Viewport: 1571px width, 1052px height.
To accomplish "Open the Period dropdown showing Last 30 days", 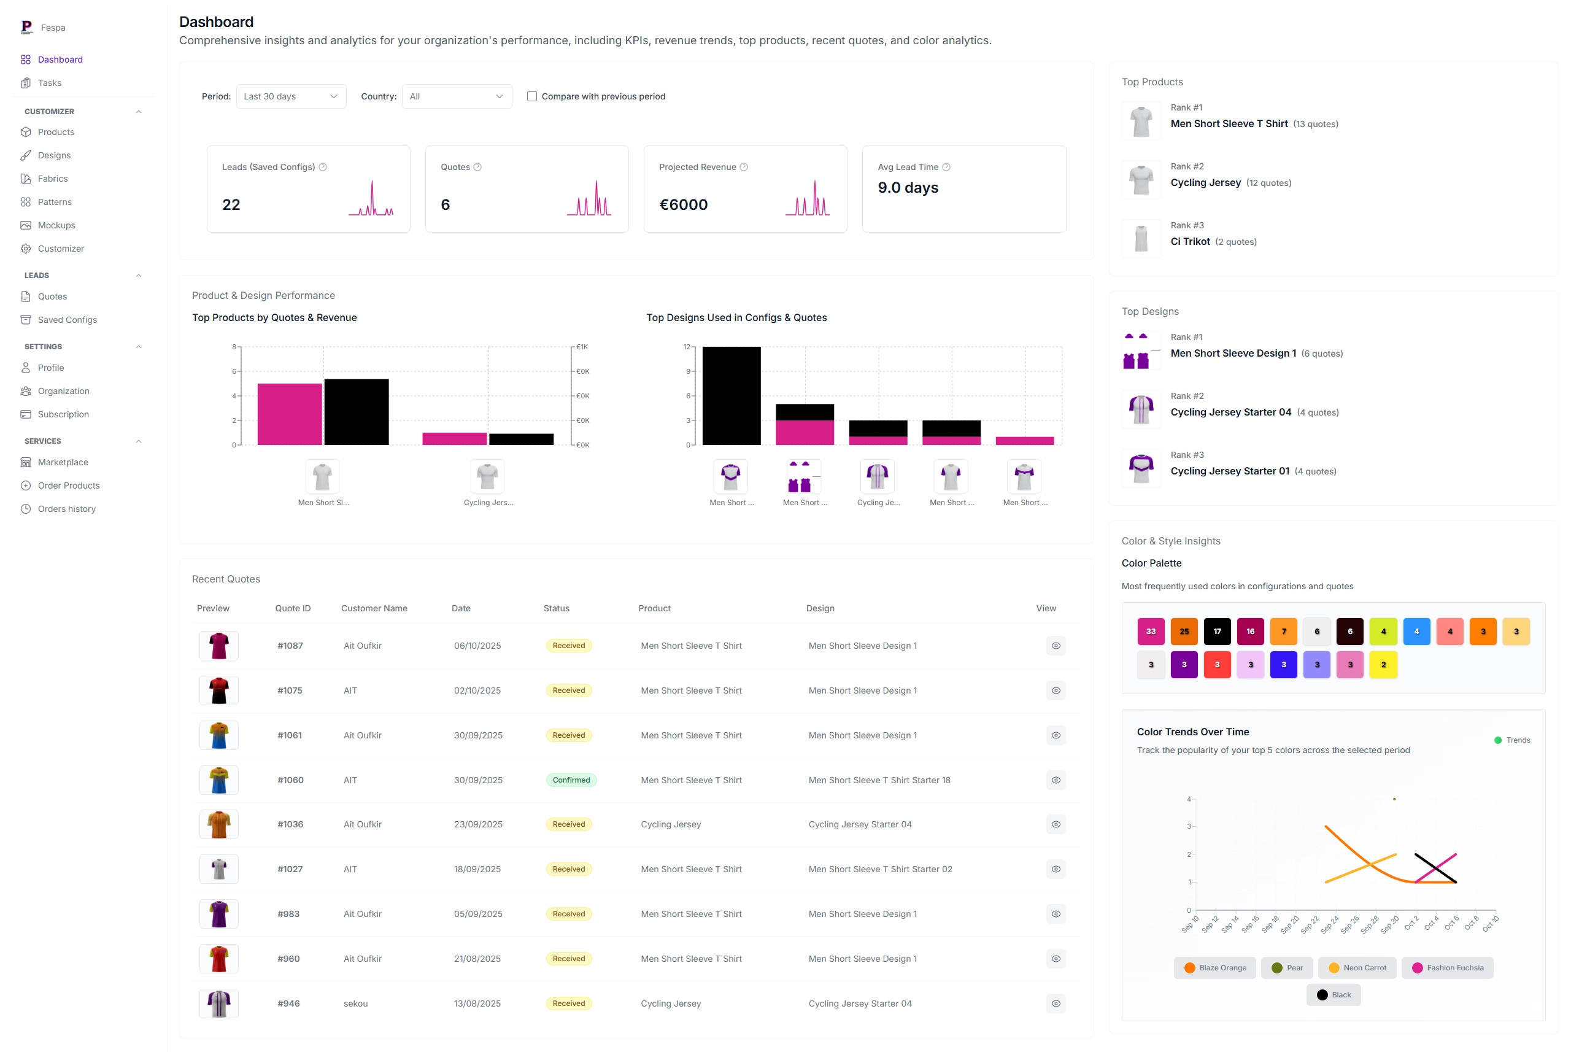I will tap(290, 96).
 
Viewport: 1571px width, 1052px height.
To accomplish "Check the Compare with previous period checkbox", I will tap(532, 96).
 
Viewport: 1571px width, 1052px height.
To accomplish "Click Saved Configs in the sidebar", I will tap(67, 320).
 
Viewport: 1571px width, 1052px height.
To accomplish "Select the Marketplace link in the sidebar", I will tap(63, 462).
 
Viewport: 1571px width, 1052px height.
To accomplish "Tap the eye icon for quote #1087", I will tap(1055, 646).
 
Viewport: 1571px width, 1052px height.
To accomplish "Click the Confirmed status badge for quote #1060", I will tap(571, 780).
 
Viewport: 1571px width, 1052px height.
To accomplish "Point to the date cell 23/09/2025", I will tap(477, 824).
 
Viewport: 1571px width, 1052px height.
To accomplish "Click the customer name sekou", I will tap(355, 1004).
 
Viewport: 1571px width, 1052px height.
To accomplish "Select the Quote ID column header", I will tap(293, 608).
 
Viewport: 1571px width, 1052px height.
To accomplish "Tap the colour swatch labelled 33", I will tap(1151, 632).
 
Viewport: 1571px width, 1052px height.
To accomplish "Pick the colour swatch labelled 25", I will tap(1184, 632).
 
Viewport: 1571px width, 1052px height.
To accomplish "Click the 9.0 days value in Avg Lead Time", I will tap(908, 188).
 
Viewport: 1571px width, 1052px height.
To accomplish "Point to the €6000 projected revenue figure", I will tap(683, 204).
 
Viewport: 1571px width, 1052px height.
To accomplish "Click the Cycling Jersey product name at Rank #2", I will tap(1205, 182).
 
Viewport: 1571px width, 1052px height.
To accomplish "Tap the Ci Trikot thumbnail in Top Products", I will tap(1141, 239).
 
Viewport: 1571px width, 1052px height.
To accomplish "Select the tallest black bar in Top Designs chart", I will tap(731, 396).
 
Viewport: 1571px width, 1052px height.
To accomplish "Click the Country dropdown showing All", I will tap(456, 96).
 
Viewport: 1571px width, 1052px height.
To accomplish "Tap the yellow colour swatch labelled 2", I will tap(1383, 665).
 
